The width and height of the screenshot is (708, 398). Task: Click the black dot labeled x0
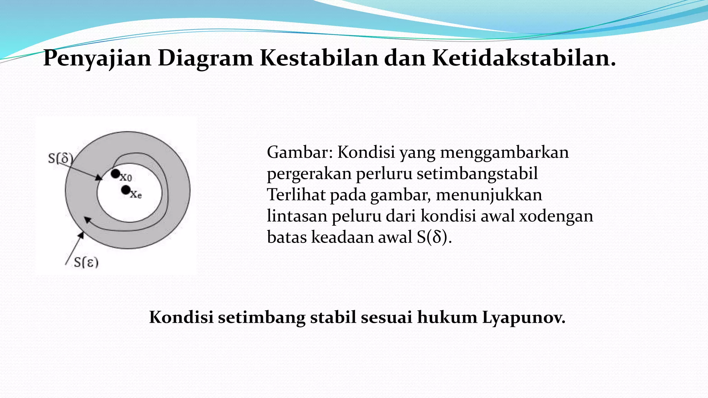115,174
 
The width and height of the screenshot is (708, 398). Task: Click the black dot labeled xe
126,190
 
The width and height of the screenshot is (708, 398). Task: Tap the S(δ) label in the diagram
60,159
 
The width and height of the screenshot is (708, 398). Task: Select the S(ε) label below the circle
86,263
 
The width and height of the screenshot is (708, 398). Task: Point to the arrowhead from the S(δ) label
100,178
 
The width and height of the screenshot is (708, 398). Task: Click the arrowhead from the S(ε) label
81,235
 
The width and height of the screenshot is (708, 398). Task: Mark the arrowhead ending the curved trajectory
87,220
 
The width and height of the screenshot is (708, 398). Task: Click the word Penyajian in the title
97,58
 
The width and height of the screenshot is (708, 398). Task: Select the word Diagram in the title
205,58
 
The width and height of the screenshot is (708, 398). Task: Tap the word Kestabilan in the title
318,58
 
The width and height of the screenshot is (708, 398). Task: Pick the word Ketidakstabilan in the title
523,58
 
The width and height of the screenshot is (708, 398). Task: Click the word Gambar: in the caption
300,152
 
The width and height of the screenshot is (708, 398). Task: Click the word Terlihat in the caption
296,195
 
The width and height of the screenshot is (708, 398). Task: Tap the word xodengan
556,216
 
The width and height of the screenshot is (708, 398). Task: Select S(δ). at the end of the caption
434,237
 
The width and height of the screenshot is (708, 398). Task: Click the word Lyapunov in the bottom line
523,317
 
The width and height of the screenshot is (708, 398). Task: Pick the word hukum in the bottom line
447,317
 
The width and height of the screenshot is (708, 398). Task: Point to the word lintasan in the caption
297,216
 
